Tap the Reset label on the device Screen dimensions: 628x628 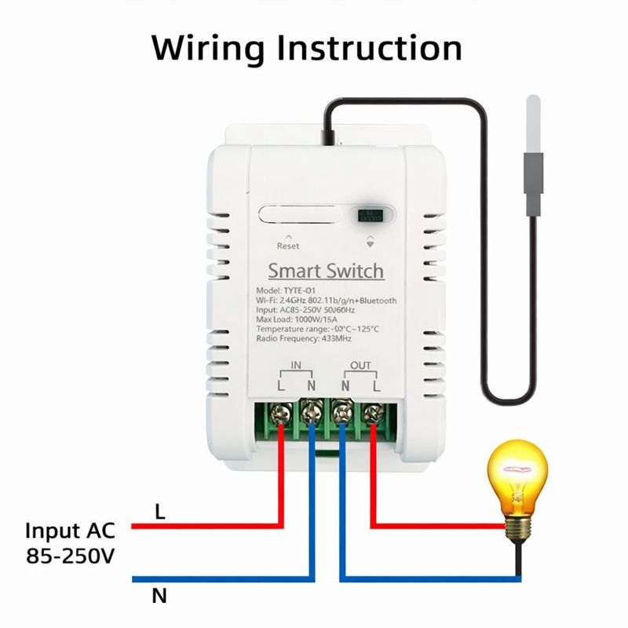[x=288, y=246]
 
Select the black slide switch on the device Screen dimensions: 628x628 [x=366, y=214]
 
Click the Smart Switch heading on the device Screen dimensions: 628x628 [x=326, y=272]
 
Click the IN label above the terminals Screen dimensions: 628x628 [x=296, y=366]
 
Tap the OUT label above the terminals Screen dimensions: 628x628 [x=360, y=366]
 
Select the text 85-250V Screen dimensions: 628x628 [x=70, y=557]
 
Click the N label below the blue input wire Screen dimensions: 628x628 [x=160, y=596]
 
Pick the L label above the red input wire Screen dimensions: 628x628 [x=160, y=513]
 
